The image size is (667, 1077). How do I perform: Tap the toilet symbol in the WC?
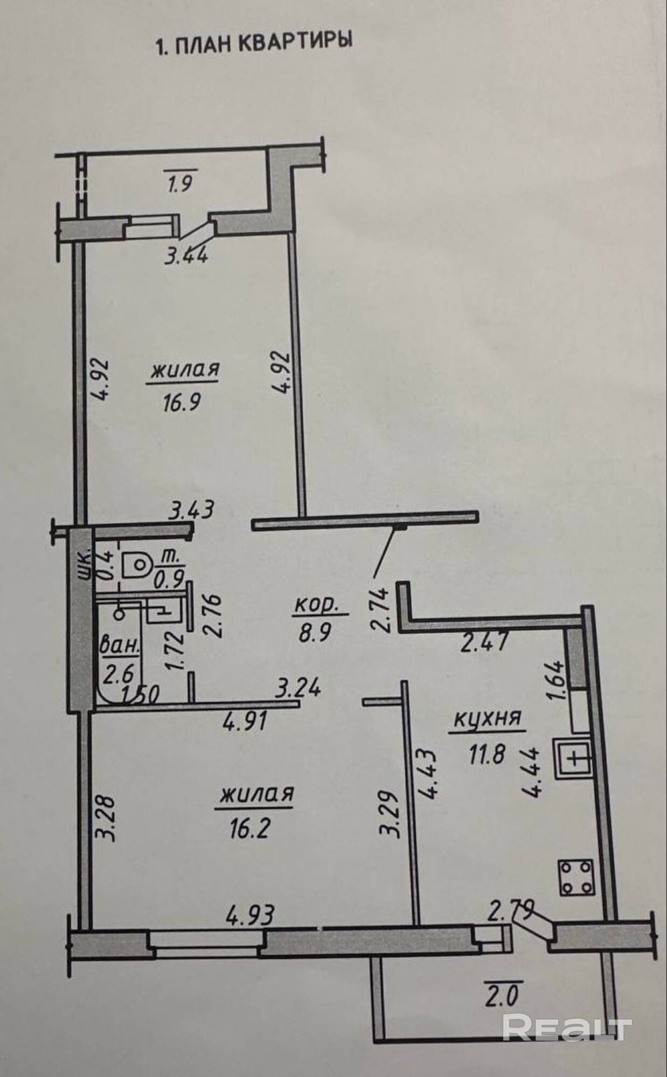click(136, 565)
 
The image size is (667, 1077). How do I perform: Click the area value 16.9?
click(182, 401)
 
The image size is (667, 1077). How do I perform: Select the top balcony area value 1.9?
click(179, 185)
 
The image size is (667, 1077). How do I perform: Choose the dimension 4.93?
click(251, 913)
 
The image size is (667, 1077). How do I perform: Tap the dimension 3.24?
click(298, 688)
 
